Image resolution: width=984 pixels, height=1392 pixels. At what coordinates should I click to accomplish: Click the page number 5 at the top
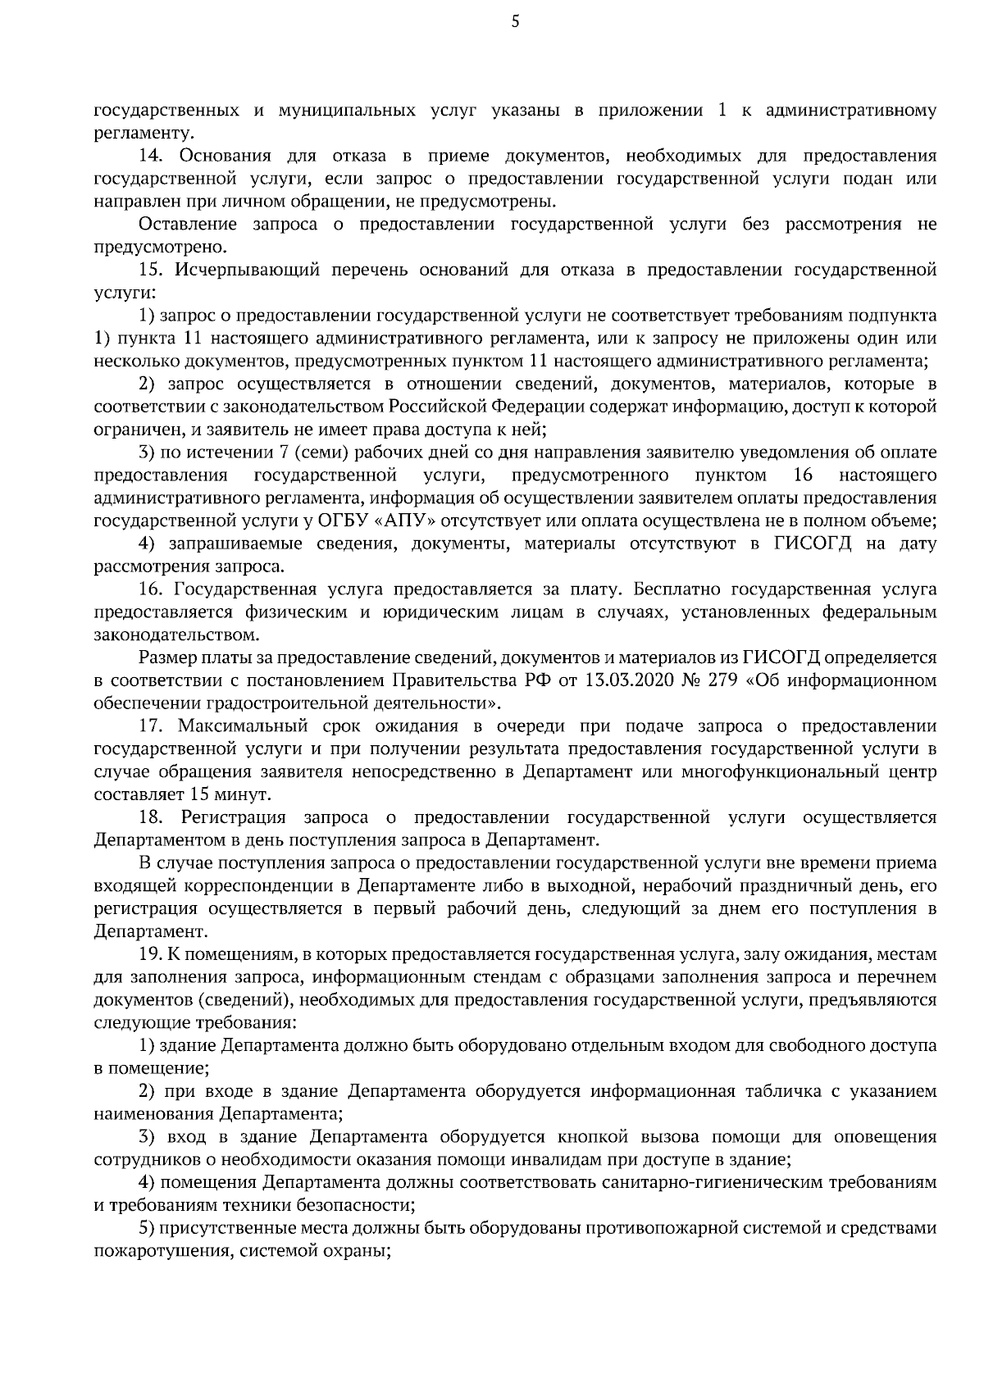[515, 22]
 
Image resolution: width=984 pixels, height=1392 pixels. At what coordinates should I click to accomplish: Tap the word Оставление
[189, 224]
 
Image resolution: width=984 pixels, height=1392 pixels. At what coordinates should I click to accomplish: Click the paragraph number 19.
[152, 954]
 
